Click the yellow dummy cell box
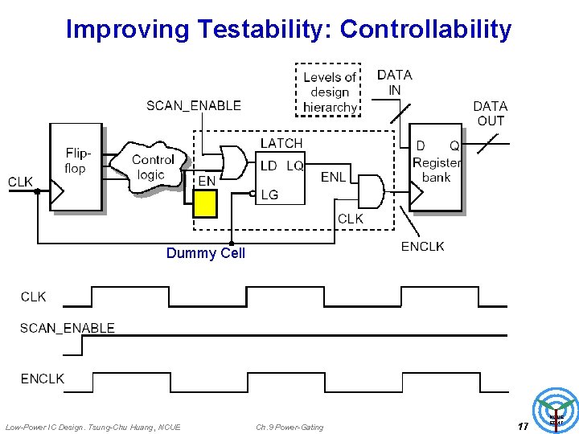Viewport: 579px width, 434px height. (205, 203)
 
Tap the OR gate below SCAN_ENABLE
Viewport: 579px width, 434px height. (233, 162)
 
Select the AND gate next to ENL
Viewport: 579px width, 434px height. (369, 190)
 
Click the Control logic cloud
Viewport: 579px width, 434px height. (151, 168)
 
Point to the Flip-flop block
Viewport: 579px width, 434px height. (76, 167)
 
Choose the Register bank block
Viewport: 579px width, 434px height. (436, 167)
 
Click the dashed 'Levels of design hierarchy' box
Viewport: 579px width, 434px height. (329, 91)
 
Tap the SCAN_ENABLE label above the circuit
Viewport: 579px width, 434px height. (194, 105)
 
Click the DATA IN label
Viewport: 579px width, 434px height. (394, 82)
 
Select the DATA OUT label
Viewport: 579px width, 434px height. (490, 113)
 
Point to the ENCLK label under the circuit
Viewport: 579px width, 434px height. (422, 246)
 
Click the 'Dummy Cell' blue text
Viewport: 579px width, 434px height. (205, 253)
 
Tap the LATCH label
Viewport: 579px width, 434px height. (281, 143)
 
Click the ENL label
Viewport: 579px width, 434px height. (333, 177)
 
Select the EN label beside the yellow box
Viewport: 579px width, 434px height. (207, 182)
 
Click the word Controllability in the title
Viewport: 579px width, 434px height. (425, 30)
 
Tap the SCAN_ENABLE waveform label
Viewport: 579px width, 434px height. (68, 328)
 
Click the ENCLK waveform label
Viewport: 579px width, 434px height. (43, 378)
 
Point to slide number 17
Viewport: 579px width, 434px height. (523, 426)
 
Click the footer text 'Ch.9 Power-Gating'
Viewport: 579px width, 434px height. (289, 427)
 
